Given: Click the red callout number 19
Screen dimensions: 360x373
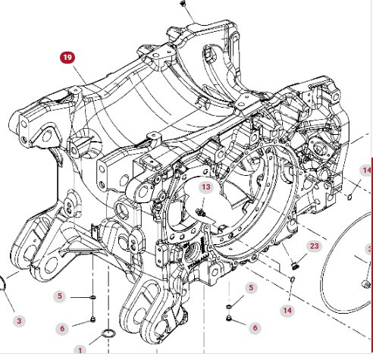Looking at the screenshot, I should point(69,56).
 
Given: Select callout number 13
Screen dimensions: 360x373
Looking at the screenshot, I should point(206,187).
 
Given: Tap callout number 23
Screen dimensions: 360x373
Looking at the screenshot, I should point(314,246).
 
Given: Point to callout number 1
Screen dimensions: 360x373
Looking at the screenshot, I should point(80,351).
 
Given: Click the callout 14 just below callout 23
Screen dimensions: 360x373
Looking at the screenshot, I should point(287,310).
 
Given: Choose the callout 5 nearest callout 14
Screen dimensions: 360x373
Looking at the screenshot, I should point(251,288).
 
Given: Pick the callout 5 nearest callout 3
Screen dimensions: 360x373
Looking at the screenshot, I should point(61,296).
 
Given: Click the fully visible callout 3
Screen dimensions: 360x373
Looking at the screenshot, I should point(19,321).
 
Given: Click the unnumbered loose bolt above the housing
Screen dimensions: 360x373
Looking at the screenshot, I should point(184,4).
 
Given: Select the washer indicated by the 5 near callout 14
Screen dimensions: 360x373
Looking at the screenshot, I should point(228,305).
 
